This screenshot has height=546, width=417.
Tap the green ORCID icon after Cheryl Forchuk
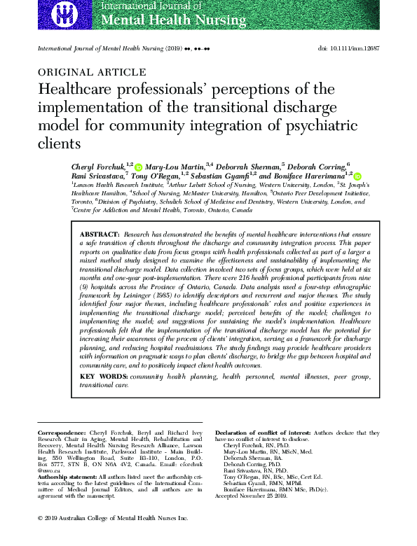[x=138, y=167]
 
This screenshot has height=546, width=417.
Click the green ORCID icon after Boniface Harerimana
[x=358, y=177]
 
